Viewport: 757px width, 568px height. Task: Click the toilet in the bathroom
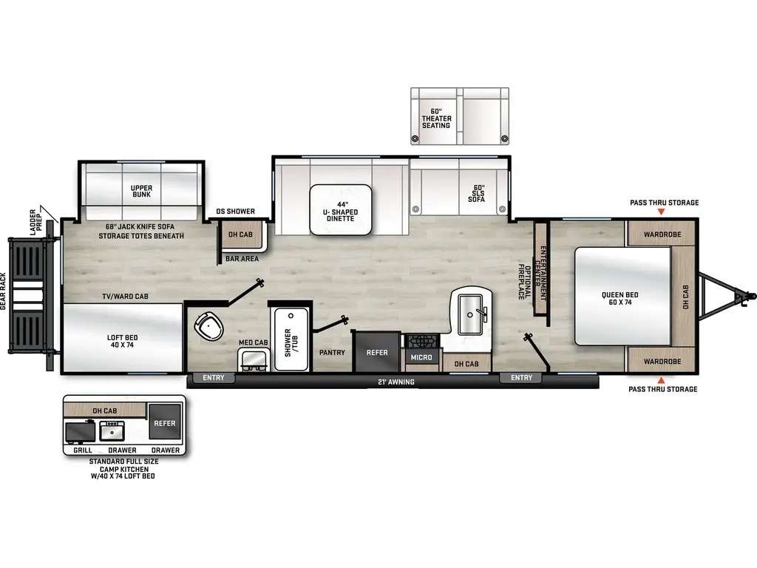pyautogui.click(x=208, y=325)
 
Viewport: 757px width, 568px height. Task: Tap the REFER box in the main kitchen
pyautogui.click(x=377, y=352)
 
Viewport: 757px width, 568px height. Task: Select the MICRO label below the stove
pyautogui.click(x=421, y=358)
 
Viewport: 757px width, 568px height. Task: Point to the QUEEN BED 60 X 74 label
pyautogui.click(x=619, y=298)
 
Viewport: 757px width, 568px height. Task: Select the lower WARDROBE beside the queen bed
pyautogui.click(x=661, y=362)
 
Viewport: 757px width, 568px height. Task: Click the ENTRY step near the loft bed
pyautogui.click(x=214, y=378)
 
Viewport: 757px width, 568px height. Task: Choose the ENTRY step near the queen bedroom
pyautogui.click(x=521, y=378)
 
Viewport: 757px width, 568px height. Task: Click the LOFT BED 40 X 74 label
pyautogui.click(x=122, y=341)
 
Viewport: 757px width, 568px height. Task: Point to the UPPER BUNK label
pyautogui.click(x=141, y=191)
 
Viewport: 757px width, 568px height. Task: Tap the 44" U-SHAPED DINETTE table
pyautogui.click(x=340, y=209)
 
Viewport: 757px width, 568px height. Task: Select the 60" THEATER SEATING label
pyautogui.click(x=436, y=118)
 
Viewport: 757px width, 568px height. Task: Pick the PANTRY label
pyautogui.click(x=332, y=352)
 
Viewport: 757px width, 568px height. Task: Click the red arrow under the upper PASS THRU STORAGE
pyautogui.click(x=663, y=212)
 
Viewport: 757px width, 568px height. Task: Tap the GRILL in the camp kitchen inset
pyautogui.click(x=81, y=430)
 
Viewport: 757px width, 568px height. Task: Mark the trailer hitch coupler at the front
pyautogui.click(x=743, y=298)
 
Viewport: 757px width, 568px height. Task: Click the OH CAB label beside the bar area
pyautogui.click(x=240, y=234)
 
